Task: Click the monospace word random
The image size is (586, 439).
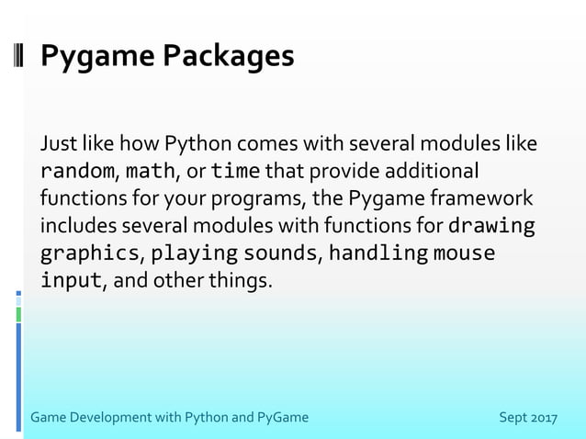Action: pyautogui.click(x=77, y=172)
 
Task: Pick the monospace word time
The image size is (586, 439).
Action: pyautogui.click(x=236, y=172)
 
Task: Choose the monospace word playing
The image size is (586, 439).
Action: pyautogui.click(x=195, y=253)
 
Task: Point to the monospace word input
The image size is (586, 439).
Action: pyautogui.click(x=71, y=279)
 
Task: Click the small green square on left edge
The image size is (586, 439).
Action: pyautogui.click(x=17, y=314)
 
